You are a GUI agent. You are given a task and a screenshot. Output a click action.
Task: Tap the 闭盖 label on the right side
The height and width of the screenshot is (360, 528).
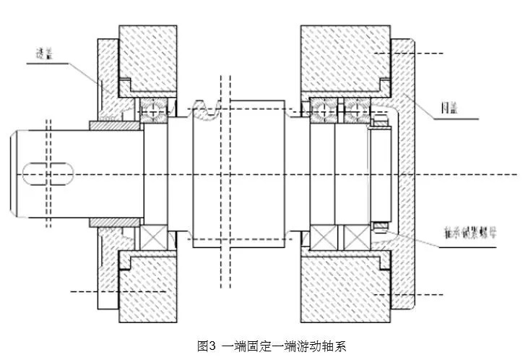click(x=450, y=110)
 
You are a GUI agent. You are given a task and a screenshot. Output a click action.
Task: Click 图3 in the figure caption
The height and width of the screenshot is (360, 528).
click(x=207, y=346)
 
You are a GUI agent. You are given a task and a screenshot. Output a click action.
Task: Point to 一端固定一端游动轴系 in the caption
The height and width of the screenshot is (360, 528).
click(x=283, y=346)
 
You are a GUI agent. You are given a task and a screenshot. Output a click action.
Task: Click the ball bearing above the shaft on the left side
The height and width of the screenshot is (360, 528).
click(x=155, y=109)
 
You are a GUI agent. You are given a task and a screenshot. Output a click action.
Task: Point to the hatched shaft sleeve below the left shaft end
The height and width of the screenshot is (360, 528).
click(x=115, y=219)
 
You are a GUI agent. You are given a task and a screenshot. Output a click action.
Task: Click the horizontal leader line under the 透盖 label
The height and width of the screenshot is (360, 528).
click(x=47, y=64)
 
